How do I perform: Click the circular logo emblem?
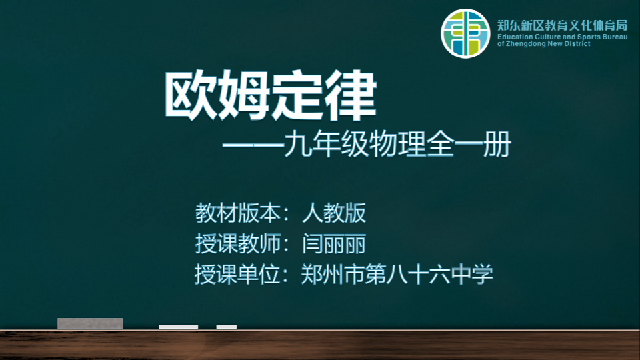click(465, 33)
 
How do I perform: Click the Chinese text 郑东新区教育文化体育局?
click(562, 25)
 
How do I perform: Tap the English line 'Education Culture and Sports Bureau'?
click(562, 37)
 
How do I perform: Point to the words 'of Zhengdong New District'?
click(543, 44)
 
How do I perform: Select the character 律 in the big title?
click(351, 96)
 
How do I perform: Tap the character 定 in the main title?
click(297, 96)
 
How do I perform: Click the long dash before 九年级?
click(253, 145)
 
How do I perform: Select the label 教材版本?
click(237, 213)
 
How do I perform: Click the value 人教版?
click(334, 213)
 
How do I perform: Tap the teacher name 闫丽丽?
click(334, 244)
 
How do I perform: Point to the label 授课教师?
click(237, 244)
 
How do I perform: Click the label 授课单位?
click(237, 274)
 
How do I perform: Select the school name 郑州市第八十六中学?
click(397, 274)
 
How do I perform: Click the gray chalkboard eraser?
click(90, 324)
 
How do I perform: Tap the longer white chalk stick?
click(179, 327)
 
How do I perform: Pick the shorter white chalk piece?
click(227, 327)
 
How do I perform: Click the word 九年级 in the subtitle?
click(326, 145)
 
